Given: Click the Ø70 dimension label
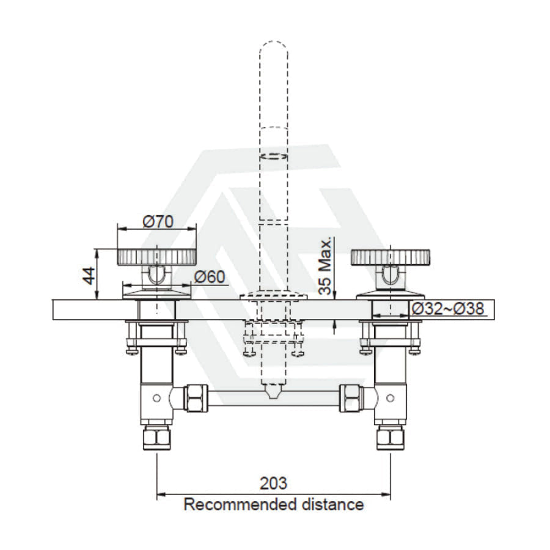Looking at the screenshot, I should pyautogui.click(x=158, y=222).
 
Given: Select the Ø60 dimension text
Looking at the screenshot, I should pyautogui.click(x=210, y=277).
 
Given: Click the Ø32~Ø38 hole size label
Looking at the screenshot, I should pyautogui.click(x=447, y=309).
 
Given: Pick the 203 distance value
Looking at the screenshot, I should pyautogui.click(x=273, y=483).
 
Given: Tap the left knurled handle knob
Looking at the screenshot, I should pyautogui.click(x=156, y=257).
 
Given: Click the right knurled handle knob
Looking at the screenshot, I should pyautogui.click(x=392, y=257).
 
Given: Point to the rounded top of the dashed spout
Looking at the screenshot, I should pyautogui.click(x=274, y=48).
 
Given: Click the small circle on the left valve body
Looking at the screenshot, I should pyautogui.click(x=157, y=398).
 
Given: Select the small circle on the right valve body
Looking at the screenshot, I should pyautogui.click(x=391, y=398).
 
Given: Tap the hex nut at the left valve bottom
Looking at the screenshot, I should pyautogui.click(x=157, y=438).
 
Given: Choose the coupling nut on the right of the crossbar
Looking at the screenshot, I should pyautogui.click(x=352, y=398).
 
